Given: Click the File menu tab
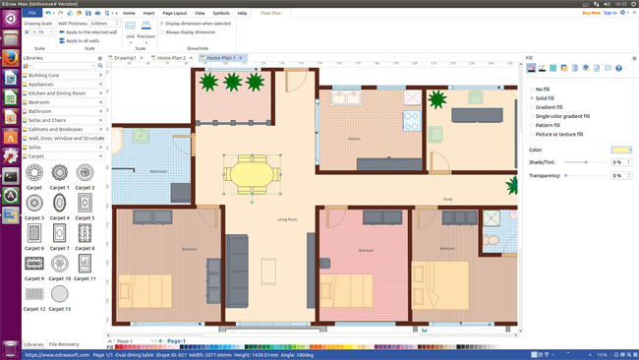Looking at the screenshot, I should coord(31,13).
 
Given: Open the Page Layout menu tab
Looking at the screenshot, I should coord(174,13).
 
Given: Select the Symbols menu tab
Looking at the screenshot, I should coord(220,13).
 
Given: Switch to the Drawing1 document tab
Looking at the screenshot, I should coord(125,58).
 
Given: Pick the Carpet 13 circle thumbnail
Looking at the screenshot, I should coord(60,293).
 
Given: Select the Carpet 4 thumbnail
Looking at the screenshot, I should coord(60,203).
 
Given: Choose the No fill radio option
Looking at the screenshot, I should coord(532,90).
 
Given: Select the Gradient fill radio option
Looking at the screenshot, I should coord(532,107).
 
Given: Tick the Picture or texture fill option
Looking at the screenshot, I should coord(532,134).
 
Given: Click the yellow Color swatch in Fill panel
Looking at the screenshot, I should coord(621,150).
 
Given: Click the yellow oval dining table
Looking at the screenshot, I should coord(253,173).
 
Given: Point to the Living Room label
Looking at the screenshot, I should coord(287,219).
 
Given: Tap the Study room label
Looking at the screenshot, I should coord(447,200).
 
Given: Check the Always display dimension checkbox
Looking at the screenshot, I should coord(161,31).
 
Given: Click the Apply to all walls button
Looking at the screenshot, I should coord(85,40).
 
